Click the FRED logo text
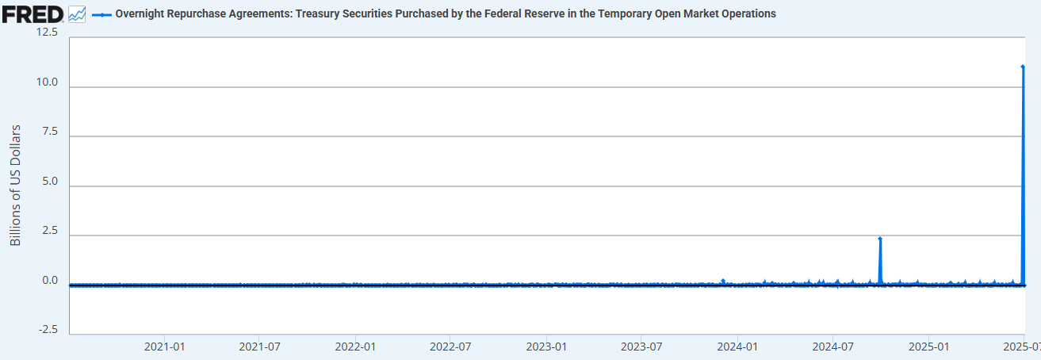[33, 13]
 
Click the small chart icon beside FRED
[77, 13]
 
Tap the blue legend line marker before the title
[101, 14]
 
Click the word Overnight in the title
[140, 14]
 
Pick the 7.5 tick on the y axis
[51, 132]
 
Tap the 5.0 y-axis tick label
[51, 181]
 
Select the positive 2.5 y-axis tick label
[51, 231]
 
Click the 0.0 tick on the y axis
[51, 280]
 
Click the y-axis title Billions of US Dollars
[16, 185]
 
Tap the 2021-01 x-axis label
[165, 347]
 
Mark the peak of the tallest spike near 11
[1023, 67]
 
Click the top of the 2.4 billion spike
[880, 239]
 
